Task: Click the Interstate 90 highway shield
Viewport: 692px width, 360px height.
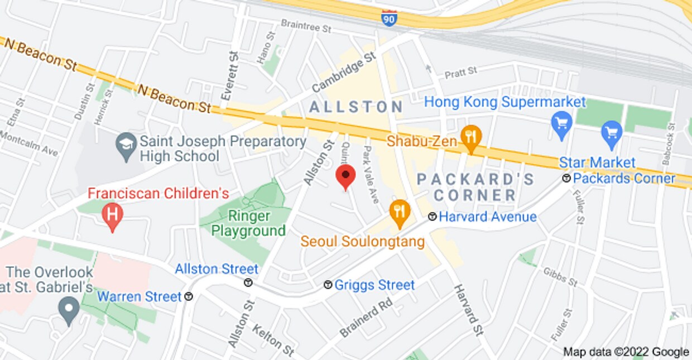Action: [x=390, y=18]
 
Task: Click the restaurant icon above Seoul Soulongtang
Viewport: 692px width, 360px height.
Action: [x=400, y=213]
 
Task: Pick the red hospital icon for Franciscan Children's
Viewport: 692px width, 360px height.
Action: [x=113, y=215]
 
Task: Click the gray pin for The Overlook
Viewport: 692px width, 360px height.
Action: [x=69, y=310]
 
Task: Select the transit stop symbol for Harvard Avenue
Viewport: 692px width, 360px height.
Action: [x=432, y=217]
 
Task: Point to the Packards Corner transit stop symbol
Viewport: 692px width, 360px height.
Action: [x=566, y=179]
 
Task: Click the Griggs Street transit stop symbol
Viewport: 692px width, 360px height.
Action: [x=328, y=285]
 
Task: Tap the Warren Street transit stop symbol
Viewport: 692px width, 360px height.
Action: [x=189, y=296]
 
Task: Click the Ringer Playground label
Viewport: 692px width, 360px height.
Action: [x=248, y=223]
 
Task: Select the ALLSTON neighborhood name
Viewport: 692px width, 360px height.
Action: [x=356, y=107]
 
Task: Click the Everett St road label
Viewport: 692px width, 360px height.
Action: [x=229, y=75]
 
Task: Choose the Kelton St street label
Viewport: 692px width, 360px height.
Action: [x=273, y=339]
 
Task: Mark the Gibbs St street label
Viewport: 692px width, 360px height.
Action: [x=560, y=277]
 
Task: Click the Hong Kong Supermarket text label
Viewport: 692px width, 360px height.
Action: [x=504, y=102]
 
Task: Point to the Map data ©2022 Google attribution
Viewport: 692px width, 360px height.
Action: [x=626, y=352]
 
